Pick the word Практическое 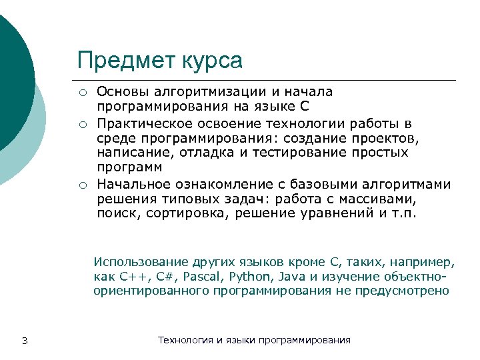[137, 123]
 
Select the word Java [286, 277]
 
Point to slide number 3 [24, 341]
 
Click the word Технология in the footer [185, 340]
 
